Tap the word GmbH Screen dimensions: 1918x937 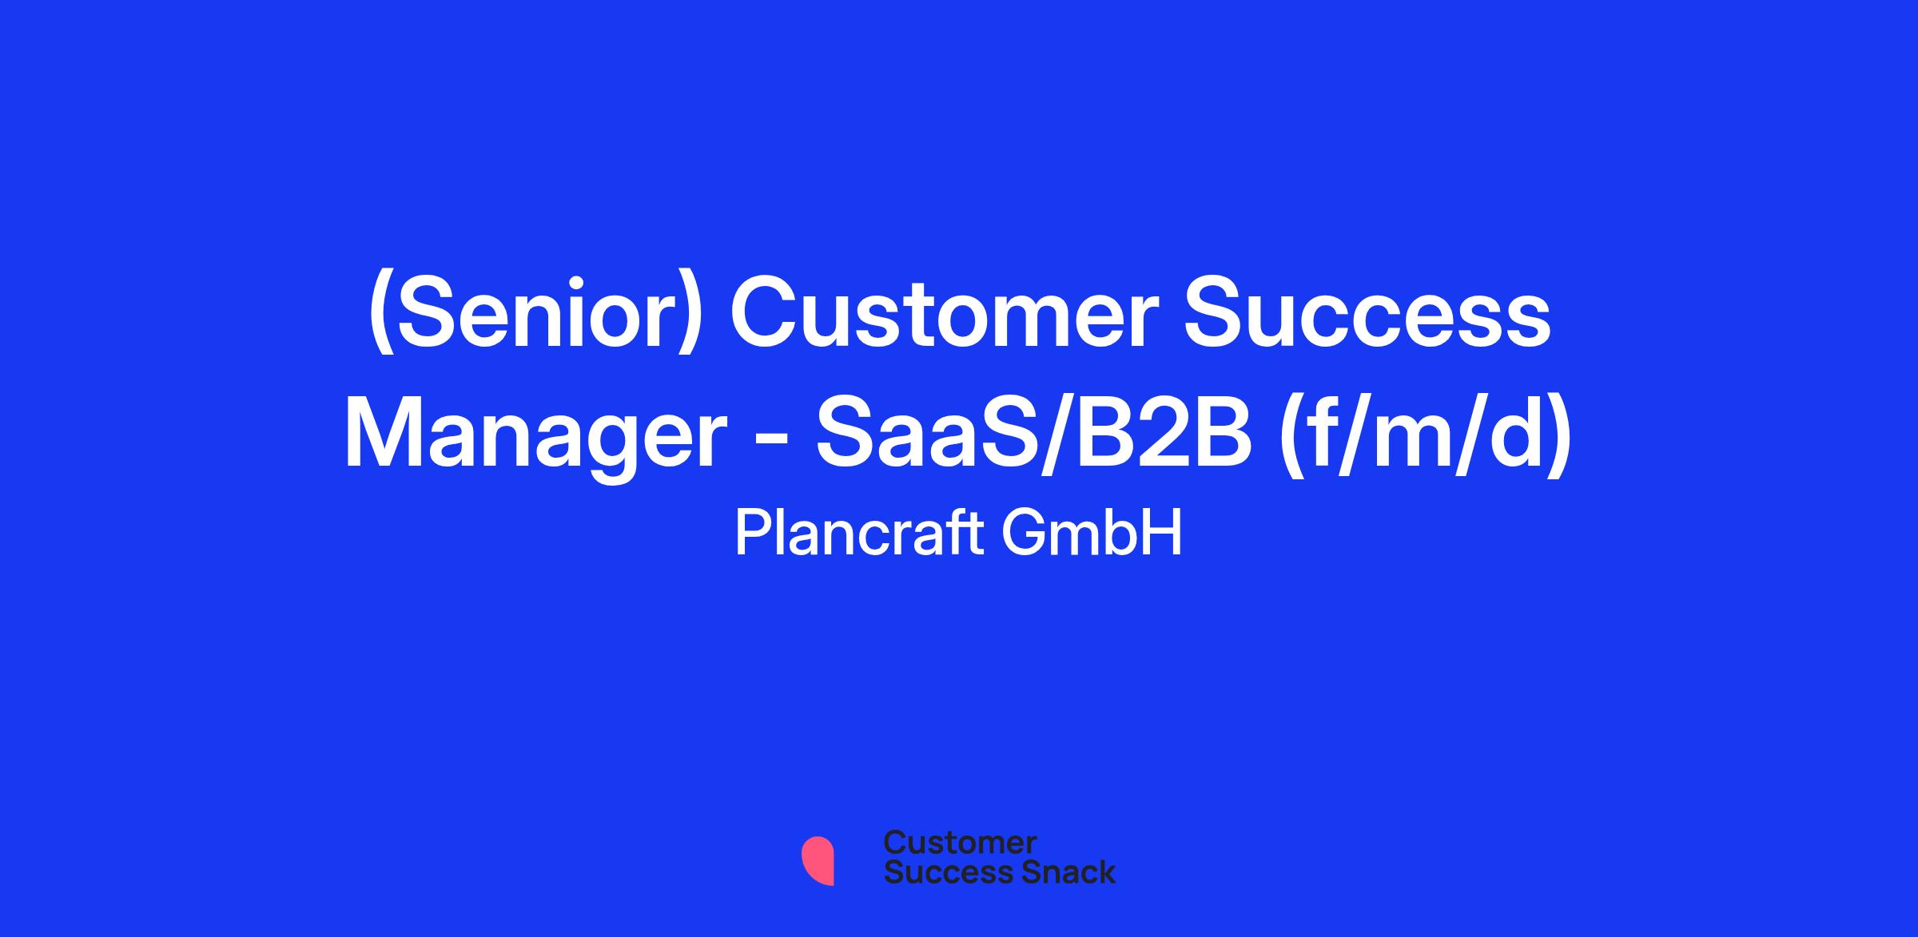tap(1091, 534)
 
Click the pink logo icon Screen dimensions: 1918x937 tap(818, 861)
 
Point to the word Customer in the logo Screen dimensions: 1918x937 tap(960, 844)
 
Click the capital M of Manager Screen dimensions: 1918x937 tap(382, 434)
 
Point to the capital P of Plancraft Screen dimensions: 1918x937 tap(751, 534)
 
